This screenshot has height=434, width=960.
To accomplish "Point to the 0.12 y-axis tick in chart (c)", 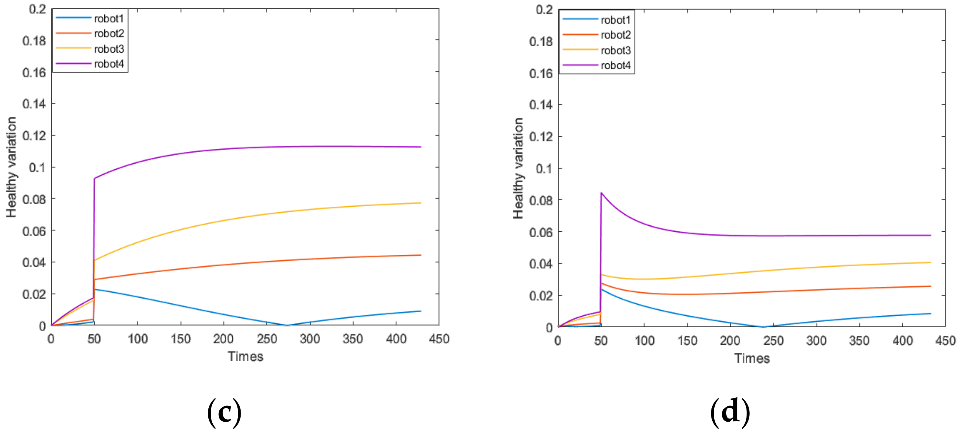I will (x=34, y=136).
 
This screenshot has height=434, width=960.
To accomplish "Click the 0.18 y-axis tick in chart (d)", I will (x=541, y=41).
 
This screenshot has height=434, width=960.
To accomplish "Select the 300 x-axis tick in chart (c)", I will (x=310, y=339).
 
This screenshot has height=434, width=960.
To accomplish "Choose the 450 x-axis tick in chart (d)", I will (x=945, y=341).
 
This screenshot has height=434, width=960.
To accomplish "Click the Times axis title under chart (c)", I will (x=245, y=356).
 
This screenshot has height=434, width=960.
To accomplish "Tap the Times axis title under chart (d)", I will (x=752, y=358).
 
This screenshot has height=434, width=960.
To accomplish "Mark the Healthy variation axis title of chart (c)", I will (x=11, y=167).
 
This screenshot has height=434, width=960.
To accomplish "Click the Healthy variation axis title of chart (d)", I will (x=518, y=168).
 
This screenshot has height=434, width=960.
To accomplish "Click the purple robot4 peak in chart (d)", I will (x=601, y=193).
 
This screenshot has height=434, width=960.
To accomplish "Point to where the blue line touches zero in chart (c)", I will (x=287, y=325).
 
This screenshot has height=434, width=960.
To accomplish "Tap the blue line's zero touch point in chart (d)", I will (x=764, y=327).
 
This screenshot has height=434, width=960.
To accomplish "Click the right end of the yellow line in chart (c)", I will (x=421, y=203).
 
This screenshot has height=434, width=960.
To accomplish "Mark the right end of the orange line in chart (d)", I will (x=931, y=286).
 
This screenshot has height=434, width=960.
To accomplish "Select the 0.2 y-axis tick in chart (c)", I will (x=37, y=9).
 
